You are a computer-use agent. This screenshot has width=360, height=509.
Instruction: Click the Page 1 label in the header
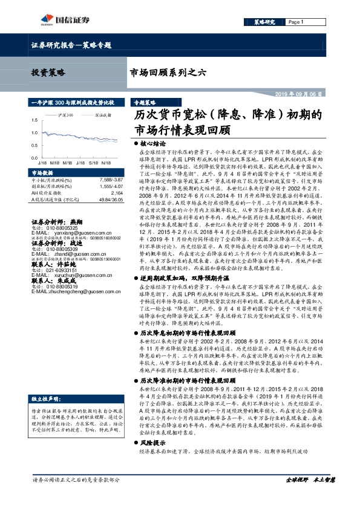(x=296, y=22)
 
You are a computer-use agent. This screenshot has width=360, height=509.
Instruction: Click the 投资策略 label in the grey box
(x=48, y=73)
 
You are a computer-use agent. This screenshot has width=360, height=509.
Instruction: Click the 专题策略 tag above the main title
(x=145, y=103)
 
